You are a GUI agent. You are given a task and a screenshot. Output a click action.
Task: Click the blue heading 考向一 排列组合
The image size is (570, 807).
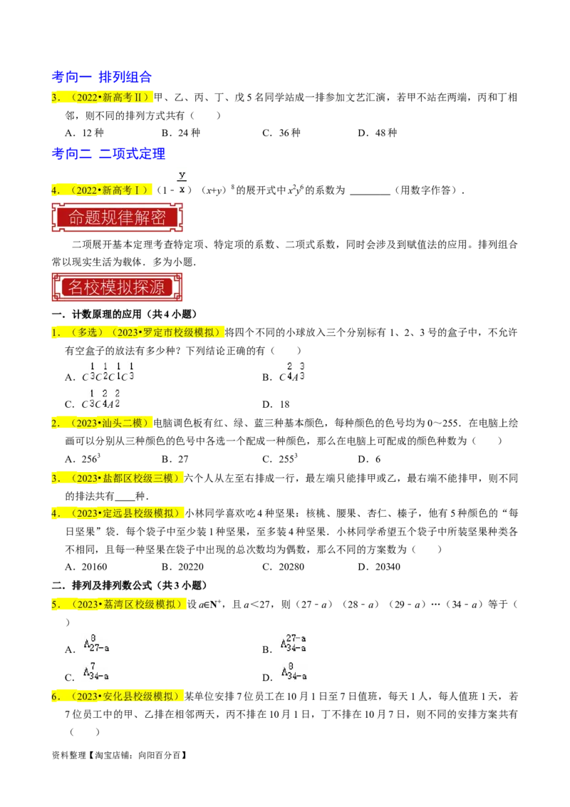point(101,77)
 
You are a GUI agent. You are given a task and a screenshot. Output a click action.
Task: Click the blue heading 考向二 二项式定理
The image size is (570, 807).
point(108,153)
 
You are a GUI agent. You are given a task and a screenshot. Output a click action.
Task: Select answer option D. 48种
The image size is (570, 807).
point(378,133)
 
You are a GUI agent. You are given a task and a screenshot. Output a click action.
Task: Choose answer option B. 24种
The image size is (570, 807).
point(180,133)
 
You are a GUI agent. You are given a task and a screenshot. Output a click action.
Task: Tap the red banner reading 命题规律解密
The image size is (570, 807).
point(118,217)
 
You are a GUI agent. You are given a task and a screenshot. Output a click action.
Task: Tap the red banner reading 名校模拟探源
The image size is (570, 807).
point(118,287)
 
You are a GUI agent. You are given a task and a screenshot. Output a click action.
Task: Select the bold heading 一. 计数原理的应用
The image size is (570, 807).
point(125,314)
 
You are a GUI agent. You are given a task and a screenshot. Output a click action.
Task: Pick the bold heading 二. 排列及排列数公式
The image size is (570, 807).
point(130,585)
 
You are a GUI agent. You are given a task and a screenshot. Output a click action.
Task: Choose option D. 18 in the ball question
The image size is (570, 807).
point(276,404)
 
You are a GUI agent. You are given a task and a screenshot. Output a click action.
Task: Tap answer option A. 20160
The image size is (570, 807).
point(86,567)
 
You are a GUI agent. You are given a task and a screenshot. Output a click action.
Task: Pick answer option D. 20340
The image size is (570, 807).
point(379,567)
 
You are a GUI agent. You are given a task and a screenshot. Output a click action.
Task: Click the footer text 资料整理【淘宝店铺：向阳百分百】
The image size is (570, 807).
point(120,755)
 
